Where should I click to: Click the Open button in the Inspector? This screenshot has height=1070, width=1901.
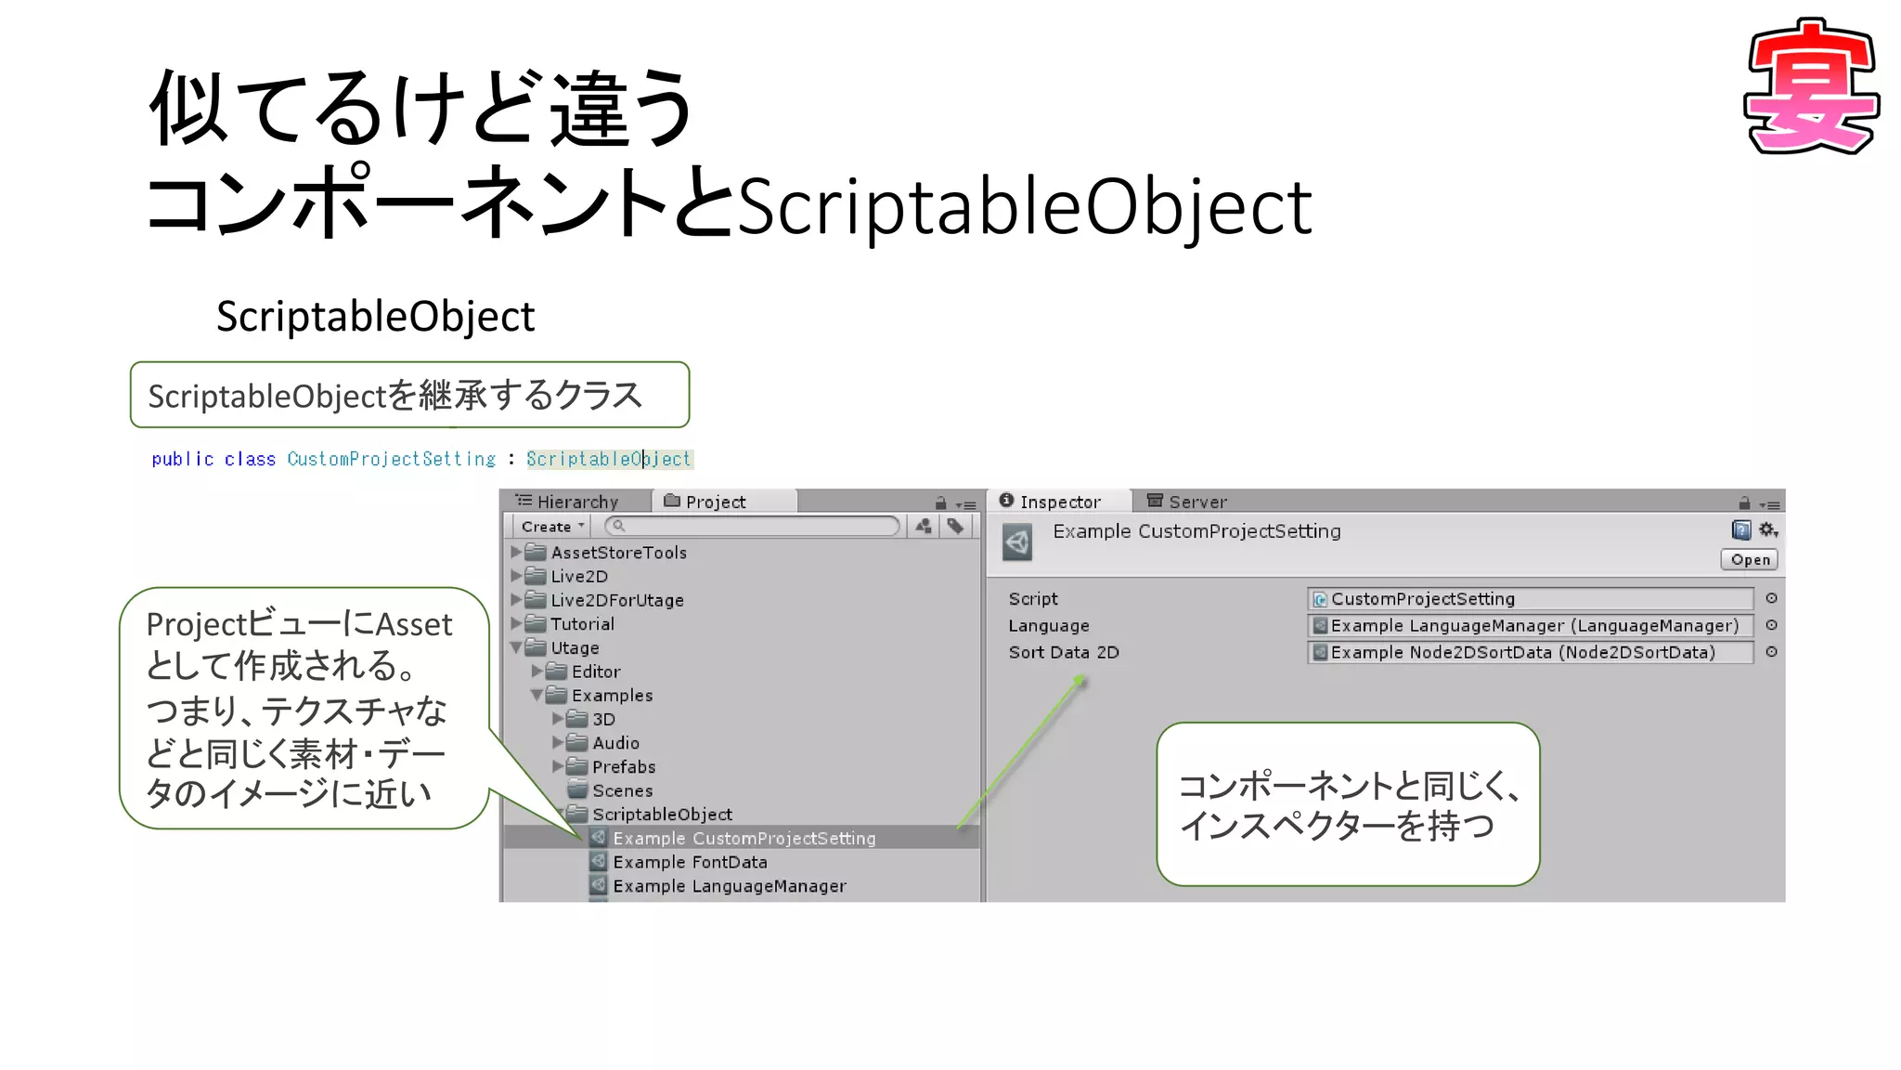(1750, 559)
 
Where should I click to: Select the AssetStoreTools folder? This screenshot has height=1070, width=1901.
(618, 553)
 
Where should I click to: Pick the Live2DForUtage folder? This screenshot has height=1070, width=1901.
(616, 600)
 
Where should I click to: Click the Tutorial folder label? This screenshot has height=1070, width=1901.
(582, 624)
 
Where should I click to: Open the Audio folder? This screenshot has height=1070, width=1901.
(614, 743)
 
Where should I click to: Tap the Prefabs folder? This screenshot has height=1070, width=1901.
(623, 767)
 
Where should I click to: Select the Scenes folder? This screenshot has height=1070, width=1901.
(622, 791)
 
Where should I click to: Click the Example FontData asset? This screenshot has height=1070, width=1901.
(690, 862)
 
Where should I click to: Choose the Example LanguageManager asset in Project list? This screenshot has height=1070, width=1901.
(729, 886)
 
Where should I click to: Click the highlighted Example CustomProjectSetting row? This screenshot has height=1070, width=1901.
(744, 839)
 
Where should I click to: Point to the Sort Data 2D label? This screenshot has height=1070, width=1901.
(1064, 652)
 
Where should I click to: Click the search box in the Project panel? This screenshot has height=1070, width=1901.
(753, 527)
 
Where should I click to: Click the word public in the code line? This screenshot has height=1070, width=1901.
(183, 459)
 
